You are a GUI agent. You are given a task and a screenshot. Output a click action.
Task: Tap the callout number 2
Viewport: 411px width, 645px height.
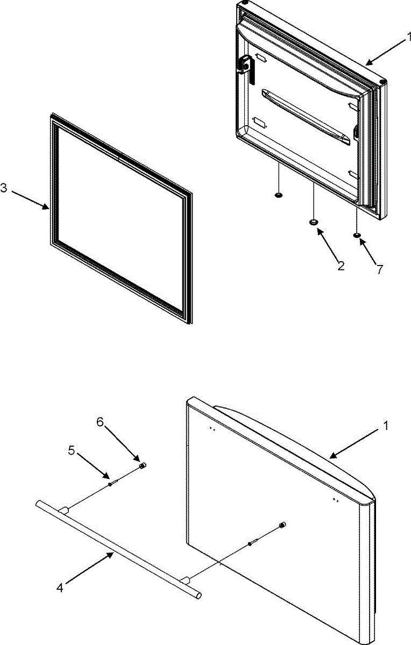(x=341, y=265)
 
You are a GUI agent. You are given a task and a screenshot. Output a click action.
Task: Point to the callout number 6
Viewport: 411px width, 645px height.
(x=100, y=422)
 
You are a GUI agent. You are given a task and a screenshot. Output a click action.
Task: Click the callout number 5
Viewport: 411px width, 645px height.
(x=72, y=451)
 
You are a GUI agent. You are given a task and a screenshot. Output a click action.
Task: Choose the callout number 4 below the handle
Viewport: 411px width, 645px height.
(x=59, y=587)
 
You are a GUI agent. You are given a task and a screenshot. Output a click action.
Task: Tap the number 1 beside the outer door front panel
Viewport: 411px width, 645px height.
(x=385, y=425)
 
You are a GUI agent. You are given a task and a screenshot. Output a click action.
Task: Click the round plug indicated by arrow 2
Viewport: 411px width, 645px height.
(x=314, y=221)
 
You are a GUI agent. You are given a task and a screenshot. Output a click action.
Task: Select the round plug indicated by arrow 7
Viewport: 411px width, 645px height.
(x=356, y=235)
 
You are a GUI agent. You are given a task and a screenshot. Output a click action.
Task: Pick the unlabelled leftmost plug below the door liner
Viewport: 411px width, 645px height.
(x=279, y=195)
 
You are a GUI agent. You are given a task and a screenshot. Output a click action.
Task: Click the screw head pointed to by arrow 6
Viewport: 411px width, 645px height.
(x=143, y=465)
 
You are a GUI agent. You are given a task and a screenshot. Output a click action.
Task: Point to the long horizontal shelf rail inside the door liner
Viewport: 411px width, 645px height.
(x=305, y=114)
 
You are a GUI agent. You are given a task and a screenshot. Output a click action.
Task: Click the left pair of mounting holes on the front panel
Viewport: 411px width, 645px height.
(x=211, y=429)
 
